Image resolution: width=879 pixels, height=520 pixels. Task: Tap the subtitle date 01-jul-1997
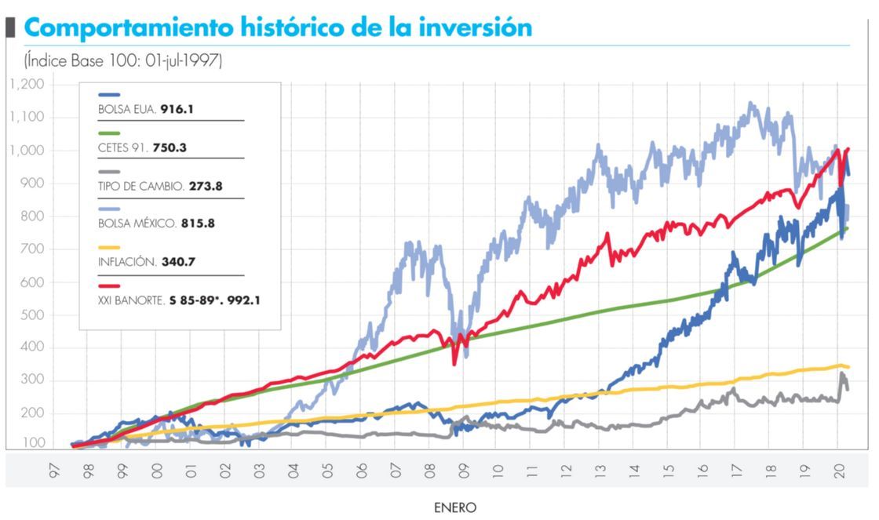(x=184, y=61)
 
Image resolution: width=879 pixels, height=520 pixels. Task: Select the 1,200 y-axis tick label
(x=28, y=84)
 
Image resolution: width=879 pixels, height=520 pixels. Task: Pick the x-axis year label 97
(x=53, y=470)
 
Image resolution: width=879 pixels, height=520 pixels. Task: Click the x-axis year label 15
(x=667, y=470)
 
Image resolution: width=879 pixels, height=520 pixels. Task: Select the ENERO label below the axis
(x=455, y=507)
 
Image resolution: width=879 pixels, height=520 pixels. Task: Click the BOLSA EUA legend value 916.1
(x=177, y=110)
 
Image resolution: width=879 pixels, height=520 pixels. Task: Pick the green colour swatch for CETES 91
(x=109, y=134)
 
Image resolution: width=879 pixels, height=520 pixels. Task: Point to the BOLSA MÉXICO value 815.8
(x=198, y=224)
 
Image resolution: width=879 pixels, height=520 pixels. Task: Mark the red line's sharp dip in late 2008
(x=454, y=362)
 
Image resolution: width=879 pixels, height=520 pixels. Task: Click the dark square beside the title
(x=11, y=27)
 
